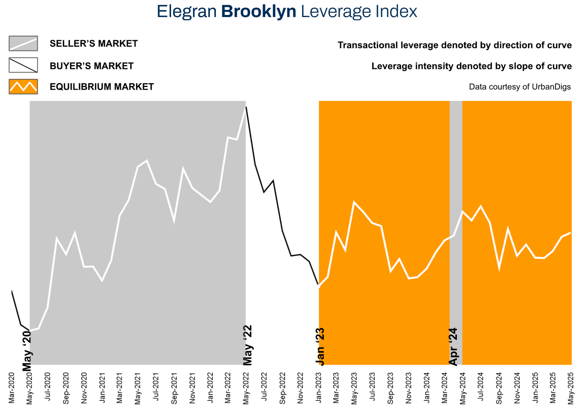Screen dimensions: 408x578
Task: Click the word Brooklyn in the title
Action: pyautogui.click(x=259, y=11)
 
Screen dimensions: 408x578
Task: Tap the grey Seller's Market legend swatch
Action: pyautogui.click(x=23, y=43)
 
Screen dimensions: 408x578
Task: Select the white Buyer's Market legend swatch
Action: pyautogui.click(x=23, y=65)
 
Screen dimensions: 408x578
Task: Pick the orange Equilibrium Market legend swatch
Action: pyautogui.click(x=23, y=87)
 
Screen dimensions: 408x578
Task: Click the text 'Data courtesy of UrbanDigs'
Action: pyautogui.click(x=520, y=87)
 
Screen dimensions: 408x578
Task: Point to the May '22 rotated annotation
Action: pyautogui.click(x=247, y=345)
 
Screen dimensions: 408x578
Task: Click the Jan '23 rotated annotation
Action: pyautogui.click(x=320, y=347)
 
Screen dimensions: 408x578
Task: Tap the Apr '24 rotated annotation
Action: pyautogui.click(x=453, y=347)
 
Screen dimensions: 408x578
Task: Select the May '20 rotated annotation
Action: pyautogui.click(x=27, y=351)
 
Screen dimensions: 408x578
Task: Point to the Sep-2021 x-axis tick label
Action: pyautogui.click(x=174, y=388)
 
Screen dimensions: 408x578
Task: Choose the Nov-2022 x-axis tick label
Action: pyautogui.click(x=300, y=388)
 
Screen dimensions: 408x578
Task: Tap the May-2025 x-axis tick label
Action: pyautogui.click(x=571, y=388)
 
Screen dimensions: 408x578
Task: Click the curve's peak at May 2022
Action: pyautogui.click(x=246, y=107)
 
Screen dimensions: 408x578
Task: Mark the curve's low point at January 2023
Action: pyautogui.click(x=319, y=286)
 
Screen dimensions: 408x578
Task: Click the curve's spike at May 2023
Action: pyautogui.click(x=354, y=202)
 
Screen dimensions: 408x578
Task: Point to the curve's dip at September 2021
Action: pyautogui.click(x=174, y=222)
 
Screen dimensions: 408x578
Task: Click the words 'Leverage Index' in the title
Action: pyautogui.click(x=359, y=11)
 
